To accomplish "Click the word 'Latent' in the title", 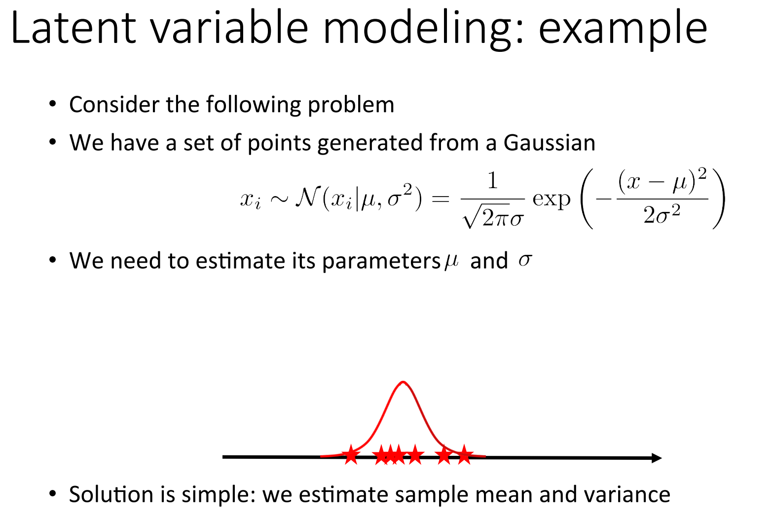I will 73,28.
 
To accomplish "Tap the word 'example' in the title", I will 623,30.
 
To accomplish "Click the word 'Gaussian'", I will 549,143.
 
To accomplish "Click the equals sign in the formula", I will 440,199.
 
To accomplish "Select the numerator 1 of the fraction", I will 492,181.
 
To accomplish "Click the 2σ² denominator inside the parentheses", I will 662,215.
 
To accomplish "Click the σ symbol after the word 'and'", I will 525,260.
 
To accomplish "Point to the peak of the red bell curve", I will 404,382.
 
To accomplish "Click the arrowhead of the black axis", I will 656,458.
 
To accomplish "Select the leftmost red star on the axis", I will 351,454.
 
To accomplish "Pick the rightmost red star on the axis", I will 464,454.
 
